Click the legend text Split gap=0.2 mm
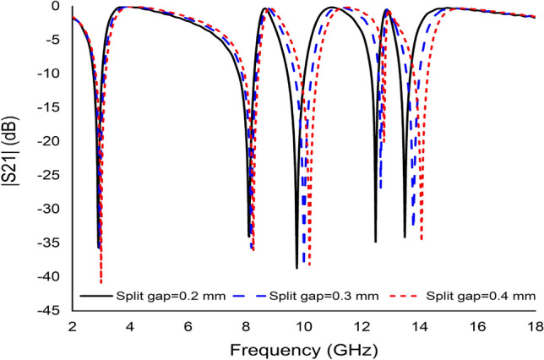coord(171,296)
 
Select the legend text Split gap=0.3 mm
coord(324,296)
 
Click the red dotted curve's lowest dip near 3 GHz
coord(101,281)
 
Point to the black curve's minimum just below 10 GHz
coord(296,267)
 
